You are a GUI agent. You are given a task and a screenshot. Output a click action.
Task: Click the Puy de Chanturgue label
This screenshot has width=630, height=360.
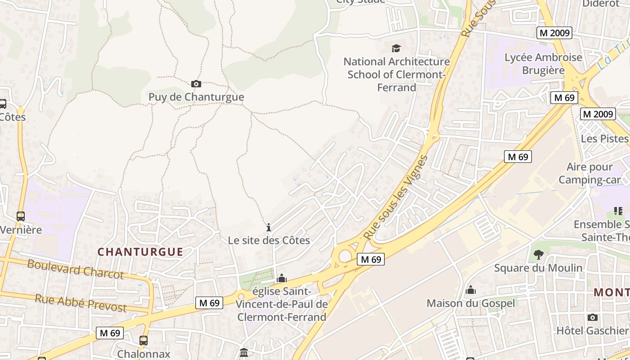coord(196,97)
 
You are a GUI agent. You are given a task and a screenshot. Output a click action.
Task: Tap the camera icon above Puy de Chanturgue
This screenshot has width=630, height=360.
coord(196,84)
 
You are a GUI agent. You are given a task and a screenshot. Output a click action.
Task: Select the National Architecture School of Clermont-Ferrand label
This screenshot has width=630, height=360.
coord(396,74)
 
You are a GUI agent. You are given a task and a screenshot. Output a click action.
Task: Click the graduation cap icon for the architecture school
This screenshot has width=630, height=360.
coord(396,48)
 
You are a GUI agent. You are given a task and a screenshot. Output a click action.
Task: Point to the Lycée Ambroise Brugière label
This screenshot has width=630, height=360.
coord(543,64)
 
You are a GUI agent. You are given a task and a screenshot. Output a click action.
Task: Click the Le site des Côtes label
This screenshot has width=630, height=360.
coord(269,240)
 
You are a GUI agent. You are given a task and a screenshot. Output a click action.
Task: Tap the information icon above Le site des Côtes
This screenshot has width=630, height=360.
coord(269,227)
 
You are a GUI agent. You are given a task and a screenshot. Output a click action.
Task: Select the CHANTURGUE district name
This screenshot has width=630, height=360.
coord(140,252)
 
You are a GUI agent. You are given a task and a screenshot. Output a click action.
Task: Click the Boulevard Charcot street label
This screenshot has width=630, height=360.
coord(75,269)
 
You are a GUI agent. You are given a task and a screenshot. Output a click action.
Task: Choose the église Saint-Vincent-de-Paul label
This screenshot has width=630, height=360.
coord(282,304)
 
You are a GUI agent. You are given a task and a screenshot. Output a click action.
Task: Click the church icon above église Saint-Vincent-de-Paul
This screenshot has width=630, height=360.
coord(282,279)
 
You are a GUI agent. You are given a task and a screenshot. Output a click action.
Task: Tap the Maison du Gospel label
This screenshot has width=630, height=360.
coord(471,303)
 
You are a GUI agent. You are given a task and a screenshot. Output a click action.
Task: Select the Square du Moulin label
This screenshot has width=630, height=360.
coord(538,268)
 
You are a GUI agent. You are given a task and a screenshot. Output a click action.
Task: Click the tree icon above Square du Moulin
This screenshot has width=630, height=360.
coord(538,255)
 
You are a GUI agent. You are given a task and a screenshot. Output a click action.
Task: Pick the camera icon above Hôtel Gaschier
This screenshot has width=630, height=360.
coord(593,317)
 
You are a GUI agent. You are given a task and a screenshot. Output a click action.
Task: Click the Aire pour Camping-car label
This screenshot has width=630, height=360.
coord(589,174)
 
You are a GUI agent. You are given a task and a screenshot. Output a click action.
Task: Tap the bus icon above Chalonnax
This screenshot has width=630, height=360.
coord(144,341)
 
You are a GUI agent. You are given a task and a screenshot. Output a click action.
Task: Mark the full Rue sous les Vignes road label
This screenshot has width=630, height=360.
coord(396,197)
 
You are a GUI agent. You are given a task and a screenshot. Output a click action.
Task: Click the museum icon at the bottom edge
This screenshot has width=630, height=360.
coord(244,352)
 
